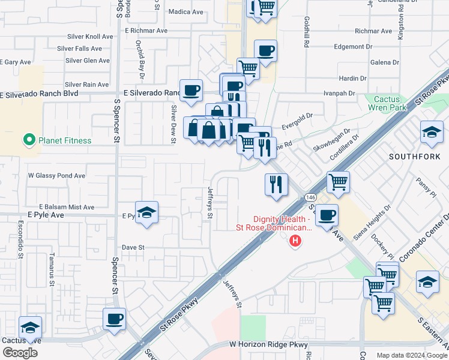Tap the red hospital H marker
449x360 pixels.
(x=295, y=242)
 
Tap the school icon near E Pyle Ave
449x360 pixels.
(x=146, y=213)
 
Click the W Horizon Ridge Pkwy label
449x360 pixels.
(x=268, y=345)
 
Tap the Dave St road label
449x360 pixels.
(x=133, y=247)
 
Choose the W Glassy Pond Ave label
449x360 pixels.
(x=57, y=176)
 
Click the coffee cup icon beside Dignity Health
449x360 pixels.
(x=327, y=215)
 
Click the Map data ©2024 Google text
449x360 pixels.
(x=411, y=355)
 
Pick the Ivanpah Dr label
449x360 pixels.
(x=337, y=94)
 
